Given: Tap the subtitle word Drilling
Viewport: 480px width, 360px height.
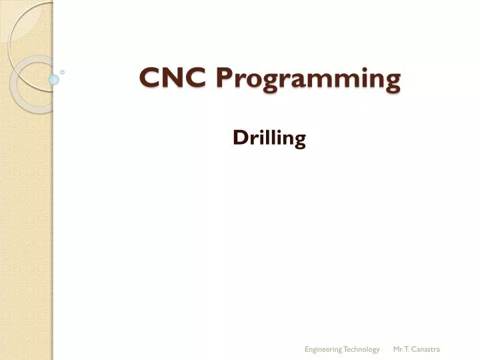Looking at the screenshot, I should [x=269, y=139].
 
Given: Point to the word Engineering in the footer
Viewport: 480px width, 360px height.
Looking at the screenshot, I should [x=323, y=349].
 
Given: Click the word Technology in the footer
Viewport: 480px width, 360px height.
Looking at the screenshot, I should [x=361, y=349].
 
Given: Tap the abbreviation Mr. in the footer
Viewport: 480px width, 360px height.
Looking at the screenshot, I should [x=397, y=349].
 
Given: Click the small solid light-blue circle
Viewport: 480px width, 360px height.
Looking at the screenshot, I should [x=55, y=80].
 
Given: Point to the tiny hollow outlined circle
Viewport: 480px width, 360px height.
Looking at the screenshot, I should [x=62, y=71].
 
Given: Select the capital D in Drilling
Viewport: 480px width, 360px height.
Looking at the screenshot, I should [x=239, y=138].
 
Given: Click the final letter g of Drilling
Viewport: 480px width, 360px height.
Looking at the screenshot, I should [x=300, y=141].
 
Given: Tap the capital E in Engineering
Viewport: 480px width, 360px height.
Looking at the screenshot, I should [x=307, y=349].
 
